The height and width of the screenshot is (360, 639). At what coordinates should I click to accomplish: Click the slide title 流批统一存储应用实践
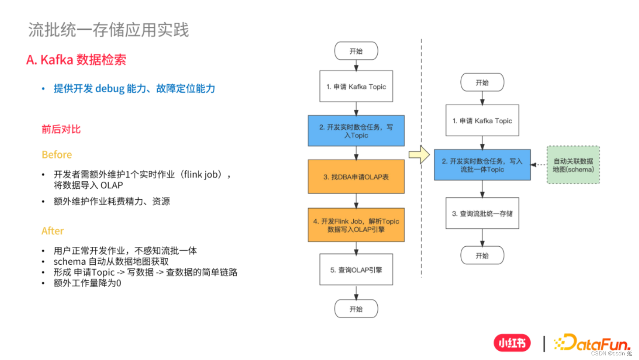(x=108, y=30)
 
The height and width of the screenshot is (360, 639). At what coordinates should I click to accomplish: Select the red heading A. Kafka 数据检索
(x=76, y=60)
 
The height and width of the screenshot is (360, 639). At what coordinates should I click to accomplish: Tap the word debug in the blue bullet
(x=110, y=89)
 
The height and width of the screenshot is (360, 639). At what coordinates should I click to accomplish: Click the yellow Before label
(x=57, y=155)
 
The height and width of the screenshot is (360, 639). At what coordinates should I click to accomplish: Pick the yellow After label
(x=52, y=231)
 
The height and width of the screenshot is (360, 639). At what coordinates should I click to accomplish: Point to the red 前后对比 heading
(x=61, y=129)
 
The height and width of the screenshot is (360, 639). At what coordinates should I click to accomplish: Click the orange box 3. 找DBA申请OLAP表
(x=356, y=177)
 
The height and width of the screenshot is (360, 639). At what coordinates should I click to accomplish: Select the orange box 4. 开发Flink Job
(x=356, y=225)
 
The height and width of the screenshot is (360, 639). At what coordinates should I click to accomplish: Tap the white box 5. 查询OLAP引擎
(x=356, y=270)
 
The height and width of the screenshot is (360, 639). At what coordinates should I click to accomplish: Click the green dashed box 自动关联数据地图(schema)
(x=573, y=165)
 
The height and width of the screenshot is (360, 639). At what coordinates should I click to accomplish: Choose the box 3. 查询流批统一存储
(x=482, y=214)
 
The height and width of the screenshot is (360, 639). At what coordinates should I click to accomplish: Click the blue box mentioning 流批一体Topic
(x=482, y=165)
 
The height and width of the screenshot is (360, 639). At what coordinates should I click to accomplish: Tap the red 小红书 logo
(x=512, y=343)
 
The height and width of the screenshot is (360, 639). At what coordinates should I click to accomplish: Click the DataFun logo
(x=592, y=343)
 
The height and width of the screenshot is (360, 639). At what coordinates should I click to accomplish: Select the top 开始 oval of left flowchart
(x=356, y=51)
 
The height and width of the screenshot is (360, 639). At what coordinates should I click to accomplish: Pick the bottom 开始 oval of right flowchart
(x=482, y=255)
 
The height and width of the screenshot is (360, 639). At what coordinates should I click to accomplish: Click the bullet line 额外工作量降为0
(x=87, y=283)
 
